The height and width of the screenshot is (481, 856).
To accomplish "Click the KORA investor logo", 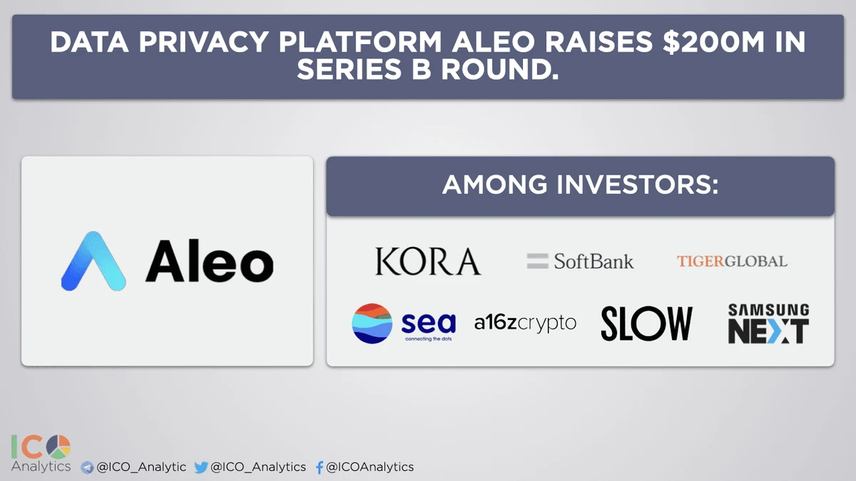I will pyautogui.click(x=428, y=262).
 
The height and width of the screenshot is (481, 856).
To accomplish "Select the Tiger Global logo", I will pyautogui.click(x=732, y=262).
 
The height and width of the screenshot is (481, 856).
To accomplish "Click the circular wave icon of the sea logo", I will pyautogui.click(x=372, y=324).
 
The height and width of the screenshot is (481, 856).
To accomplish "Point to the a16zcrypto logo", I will pyautogui.click(x=525, y=324).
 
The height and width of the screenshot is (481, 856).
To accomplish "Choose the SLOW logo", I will pyautogui.click(x=646, y=324).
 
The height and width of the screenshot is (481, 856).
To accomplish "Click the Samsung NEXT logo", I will pyautogui.click(x=768, y=324).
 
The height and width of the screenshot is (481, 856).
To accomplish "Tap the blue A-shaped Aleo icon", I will pyautogui.click(x=93, y=262).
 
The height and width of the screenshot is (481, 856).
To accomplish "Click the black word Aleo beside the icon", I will pyautogui.click(x=209, y=262).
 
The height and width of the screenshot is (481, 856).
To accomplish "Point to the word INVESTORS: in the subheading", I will pyautogui.click(x=638, y=185).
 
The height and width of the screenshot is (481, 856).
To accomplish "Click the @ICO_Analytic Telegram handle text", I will pyautogui.click(x=141, y=467).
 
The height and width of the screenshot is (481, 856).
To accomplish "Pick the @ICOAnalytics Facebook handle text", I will pyautogui.click(x=370, y=467).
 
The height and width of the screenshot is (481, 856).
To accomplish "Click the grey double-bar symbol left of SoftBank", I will pyautogui.click(x=537, y=262).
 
